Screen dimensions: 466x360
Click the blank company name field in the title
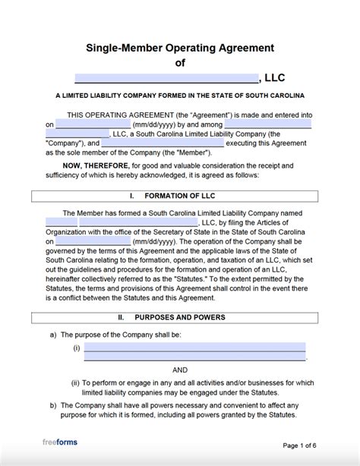166,77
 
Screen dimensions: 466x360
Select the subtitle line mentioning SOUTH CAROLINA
180,96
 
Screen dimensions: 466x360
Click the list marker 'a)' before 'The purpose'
52,334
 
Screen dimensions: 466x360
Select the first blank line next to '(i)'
194,348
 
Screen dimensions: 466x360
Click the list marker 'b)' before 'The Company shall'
52,405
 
